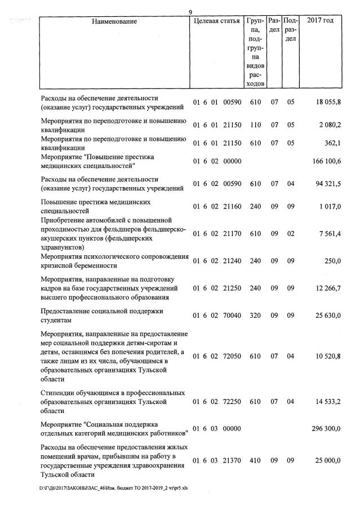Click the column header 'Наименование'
point(114,21)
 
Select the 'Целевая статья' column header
point(216,21)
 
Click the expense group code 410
point(255,460)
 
